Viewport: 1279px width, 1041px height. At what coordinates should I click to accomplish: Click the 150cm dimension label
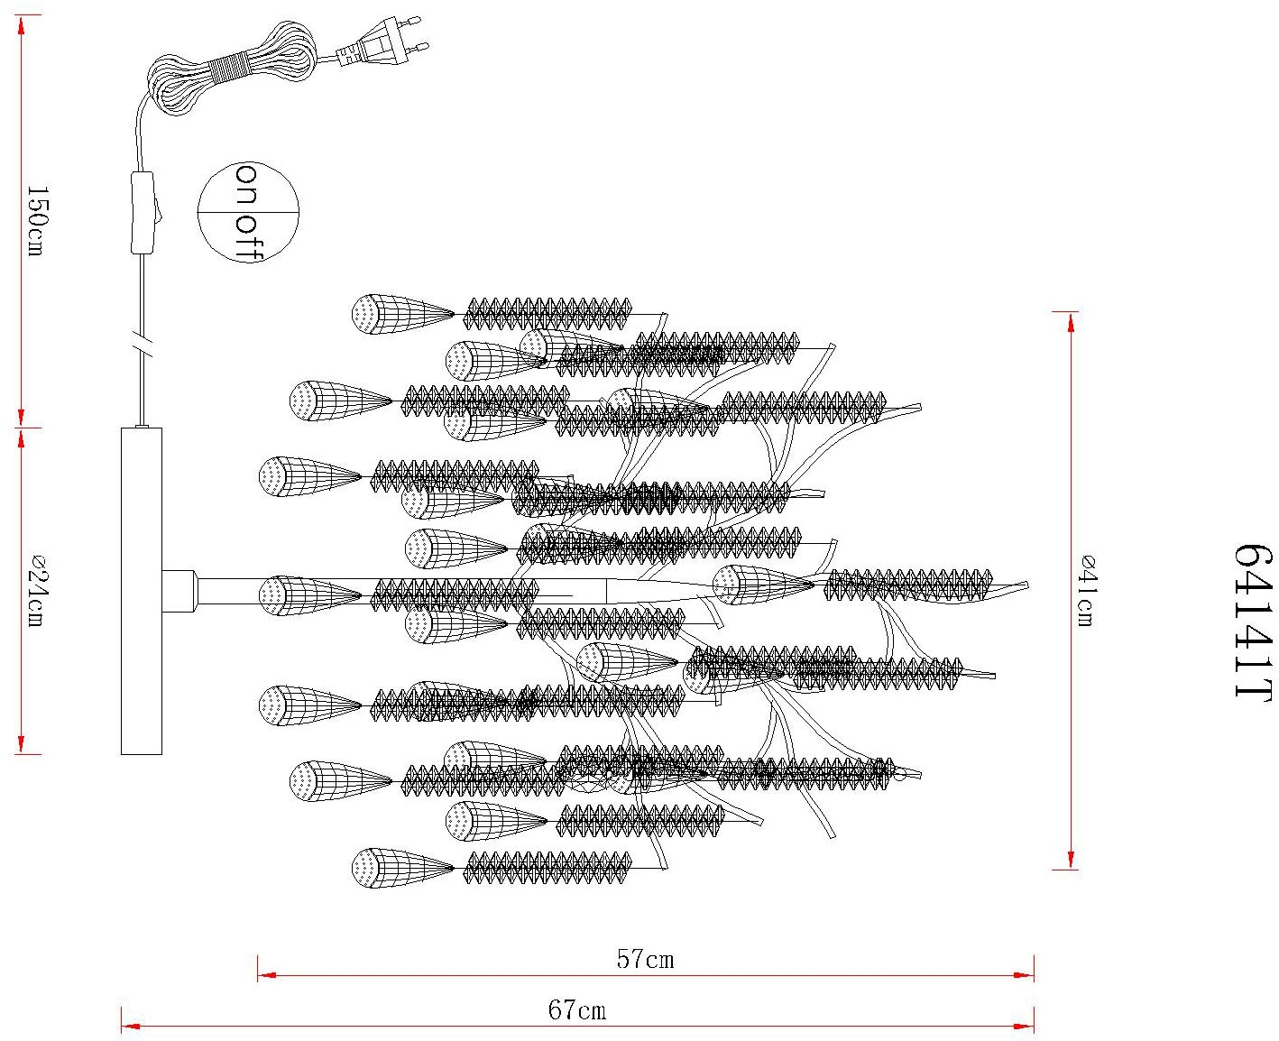[37, 220]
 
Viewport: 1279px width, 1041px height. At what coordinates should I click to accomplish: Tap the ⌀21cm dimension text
[37, 591]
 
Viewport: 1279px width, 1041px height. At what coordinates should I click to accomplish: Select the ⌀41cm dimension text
[1087, 591]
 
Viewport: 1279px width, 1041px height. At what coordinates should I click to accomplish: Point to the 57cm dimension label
[646, 959]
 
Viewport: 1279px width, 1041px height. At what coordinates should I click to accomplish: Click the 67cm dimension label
[577, 1009]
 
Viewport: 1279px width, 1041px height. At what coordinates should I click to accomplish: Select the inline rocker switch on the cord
[144, 213]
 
